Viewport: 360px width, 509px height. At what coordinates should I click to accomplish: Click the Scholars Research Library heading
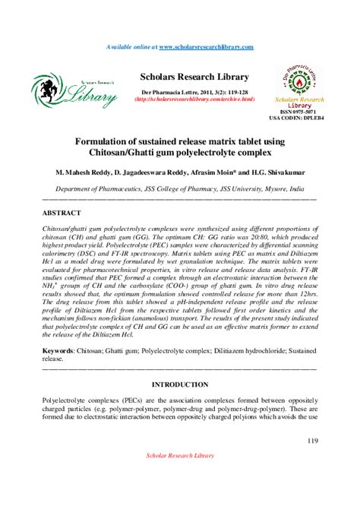click(194, 77)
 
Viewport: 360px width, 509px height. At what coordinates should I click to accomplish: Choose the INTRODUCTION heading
click(180, 384)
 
